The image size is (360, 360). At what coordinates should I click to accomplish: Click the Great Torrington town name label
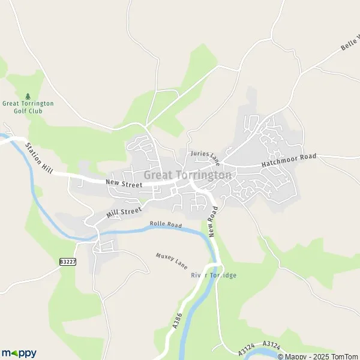[x=188, y=175]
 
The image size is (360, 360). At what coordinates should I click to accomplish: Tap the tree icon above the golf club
[x=28, y=95]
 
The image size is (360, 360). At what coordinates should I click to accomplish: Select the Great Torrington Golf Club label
[x=28, y=107]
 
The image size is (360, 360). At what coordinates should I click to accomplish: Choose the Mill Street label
[x=124, y=212]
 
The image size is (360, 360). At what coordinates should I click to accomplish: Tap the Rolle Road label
[x=166, y=225]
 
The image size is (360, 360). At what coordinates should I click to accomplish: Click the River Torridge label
[x=214, y=275]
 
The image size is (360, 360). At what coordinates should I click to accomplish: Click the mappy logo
[x=19, y=353]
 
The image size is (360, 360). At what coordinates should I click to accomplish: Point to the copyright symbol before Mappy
[x=280, y=356]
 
